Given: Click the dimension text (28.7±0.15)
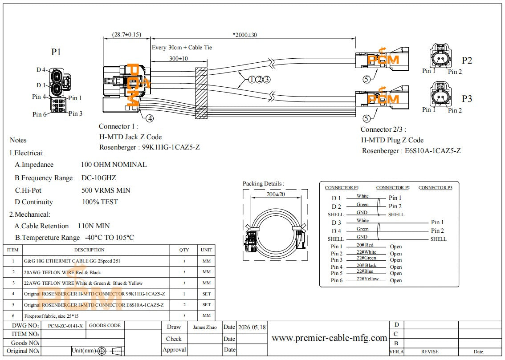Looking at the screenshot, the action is (x=126, y=34).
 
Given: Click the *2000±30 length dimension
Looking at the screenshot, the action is (x=245, y=35).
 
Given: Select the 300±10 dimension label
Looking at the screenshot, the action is (x=179, y=59).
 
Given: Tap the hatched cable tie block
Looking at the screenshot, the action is (x=201, y=93).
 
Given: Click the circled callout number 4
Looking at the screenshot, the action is (x=150, y=118).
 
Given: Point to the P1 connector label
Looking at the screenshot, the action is (x=56, y=52).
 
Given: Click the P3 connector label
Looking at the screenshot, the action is (x=467, y=98).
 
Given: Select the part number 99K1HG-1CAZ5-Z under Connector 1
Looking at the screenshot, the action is (x=171, y=147).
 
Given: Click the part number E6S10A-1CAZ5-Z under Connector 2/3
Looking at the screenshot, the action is (x=432, y=150).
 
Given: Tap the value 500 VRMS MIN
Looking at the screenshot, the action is (x=106, y=190).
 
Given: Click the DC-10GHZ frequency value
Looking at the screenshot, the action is (x=98, y=178).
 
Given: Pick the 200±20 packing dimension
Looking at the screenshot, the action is (x=276, y=194).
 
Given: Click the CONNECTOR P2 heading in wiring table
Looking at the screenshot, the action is (x=393, y=187).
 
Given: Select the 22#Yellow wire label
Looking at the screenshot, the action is (x=367, y=279).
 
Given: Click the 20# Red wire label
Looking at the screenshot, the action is (x=365, y=245).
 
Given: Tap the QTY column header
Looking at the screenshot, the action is (x=184, y=250).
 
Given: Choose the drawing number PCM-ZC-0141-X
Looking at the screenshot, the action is (x=65, y=326).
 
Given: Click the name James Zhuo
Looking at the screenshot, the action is (x=205, y=327).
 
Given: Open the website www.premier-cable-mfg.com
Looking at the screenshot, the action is (x=329, y=338).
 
